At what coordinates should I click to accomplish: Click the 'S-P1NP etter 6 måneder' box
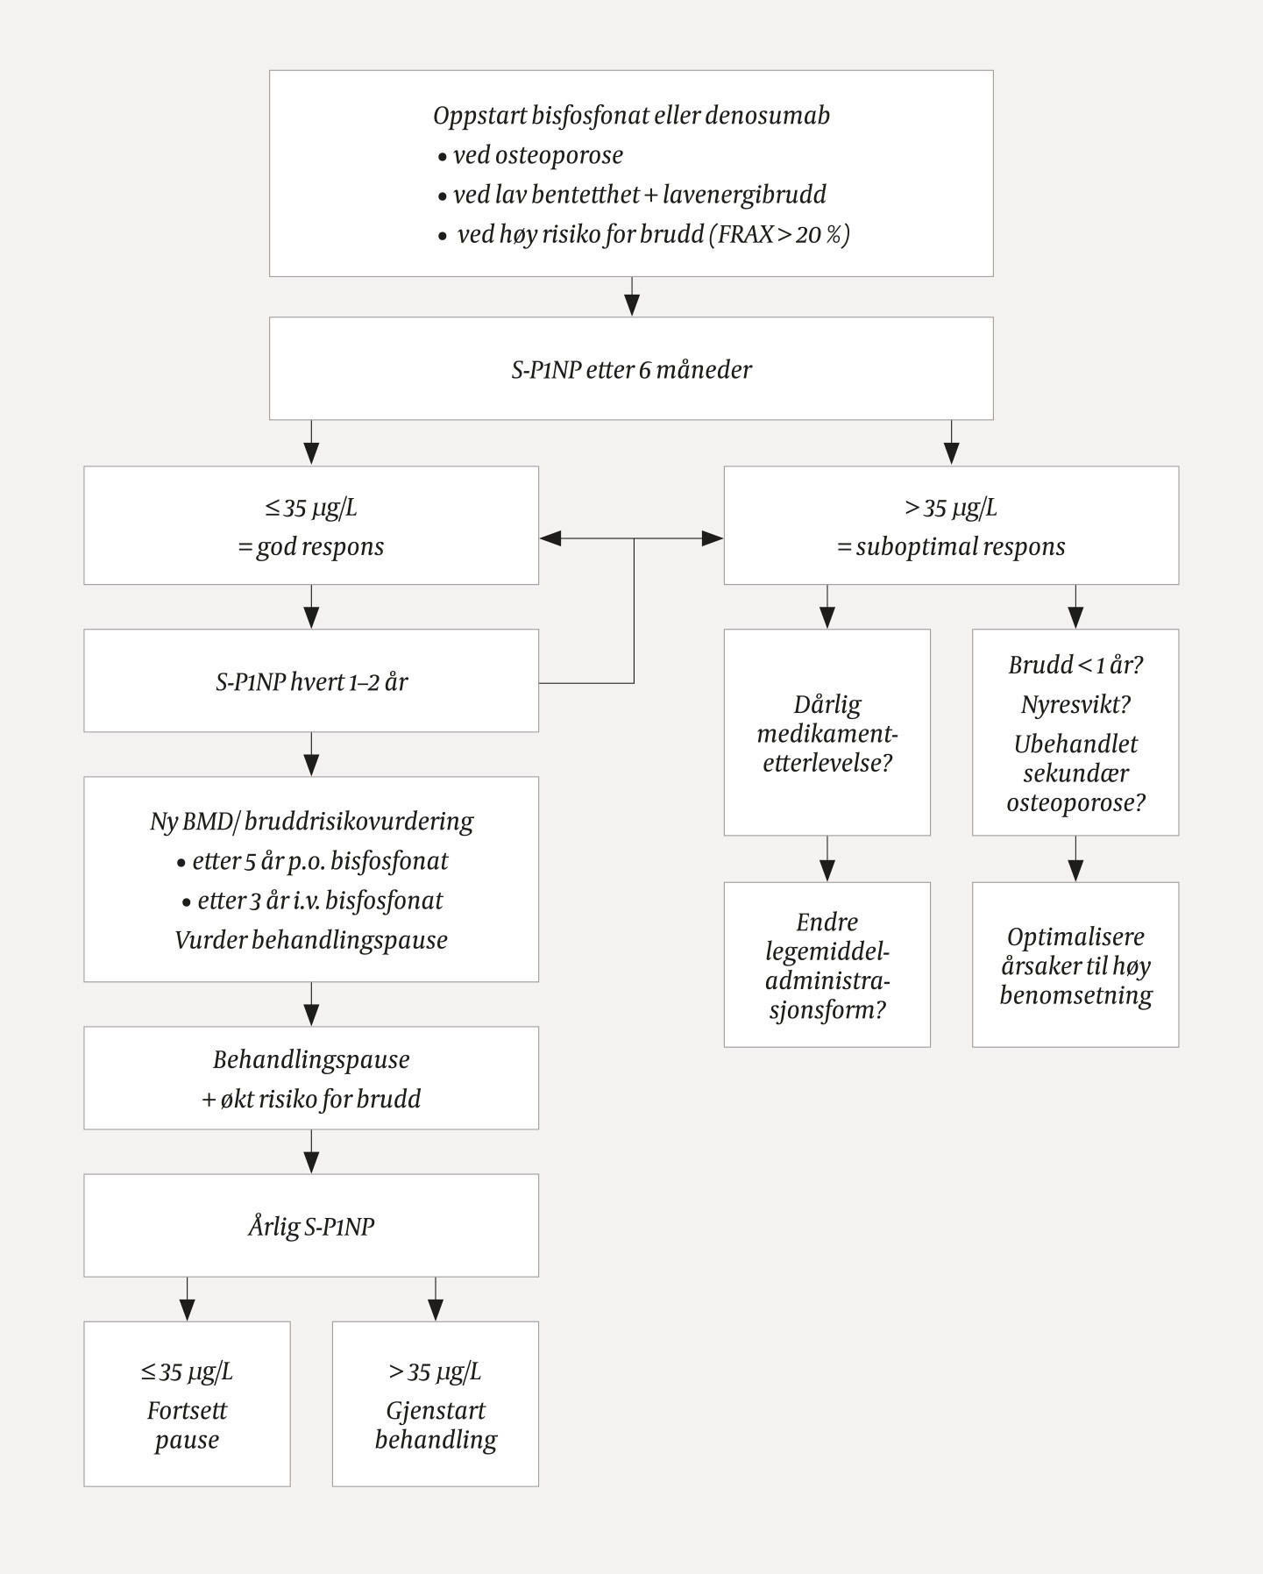pyautogui.click(x=631, y=369)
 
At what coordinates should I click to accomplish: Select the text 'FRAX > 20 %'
pyautogui.click(x=779, y=235)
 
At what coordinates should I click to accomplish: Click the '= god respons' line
pyautogui.click(x=311, y=547)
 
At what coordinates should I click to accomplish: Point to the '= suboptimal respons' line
pyautogui.click(x=951, y=547)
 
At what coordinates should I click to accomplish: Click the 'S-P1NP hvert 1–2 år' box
pyautogui.click(x=311, y=681)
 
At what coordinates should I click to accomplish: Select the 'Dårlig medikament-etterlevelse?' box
pyautogui.click(x=827, y=733)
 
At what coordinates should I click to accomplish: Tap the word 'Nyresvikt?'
pyautogui.click(x=1075, y=704)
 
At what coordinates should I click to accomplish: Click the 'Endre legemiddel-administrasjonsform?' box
pyautogui.click(x=827, y=965)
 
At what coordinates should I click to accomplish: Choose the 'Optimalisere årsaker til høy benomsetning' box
pyautogui.click(x=1075, y=965)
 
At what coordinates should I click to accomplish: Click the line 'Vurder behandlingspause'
pyautogui.click(x=311, y=940)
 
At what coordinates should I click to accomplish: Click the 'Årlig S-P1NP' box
pyautogui.click(x=311, y=1226)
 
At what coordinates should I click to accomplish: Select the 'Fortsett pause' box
pyautogui.click(x=187, y=1404)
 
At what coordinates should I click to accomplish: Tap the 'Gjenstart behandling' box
pyautogui.click(x=436, y=1404)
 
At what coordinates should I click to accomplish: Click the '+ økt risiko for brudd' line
pyautogui.click(x=311, y=1099)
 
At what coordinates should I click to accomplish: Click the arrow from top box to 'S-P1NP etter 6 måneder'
pyautogui.click(x=632, y=297)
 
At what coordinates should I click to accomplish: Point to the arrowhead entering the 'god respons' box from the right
pyautogui.click(x=550, y=538)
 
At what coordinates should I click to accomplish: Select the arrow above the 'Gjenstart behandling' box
pyautogui.click(x=436, y=1300)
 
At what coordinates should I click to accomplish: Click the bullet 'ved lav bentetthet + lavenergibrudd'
pyautogui.click(x=638, y=195)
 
